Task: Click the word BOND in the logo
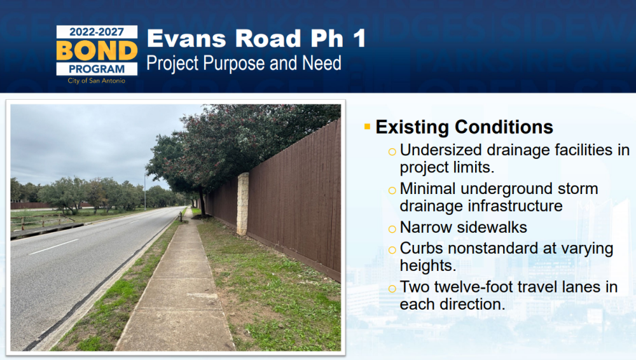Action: pos(97,51)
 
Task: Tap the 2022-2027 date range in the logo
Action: pos(97,32)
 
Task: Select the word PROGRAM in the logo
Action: pos(97,69)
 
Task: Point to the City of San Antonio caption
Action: pos(97,81)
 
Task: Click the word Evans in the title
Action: pos(186,39)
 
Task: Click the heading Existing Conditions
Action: pos(464,127)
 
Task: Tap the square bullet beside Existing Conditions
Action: pos(368,127)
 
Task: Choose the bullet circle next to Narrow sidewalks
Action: pos(392,229)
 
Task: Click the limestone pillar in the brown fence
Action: pos(242,204)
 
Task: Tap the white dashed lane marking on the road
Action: pos(54,246)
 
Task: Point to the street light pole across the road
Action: pos(145,190)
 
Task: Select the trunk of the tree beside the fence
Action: pos(202,202)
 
